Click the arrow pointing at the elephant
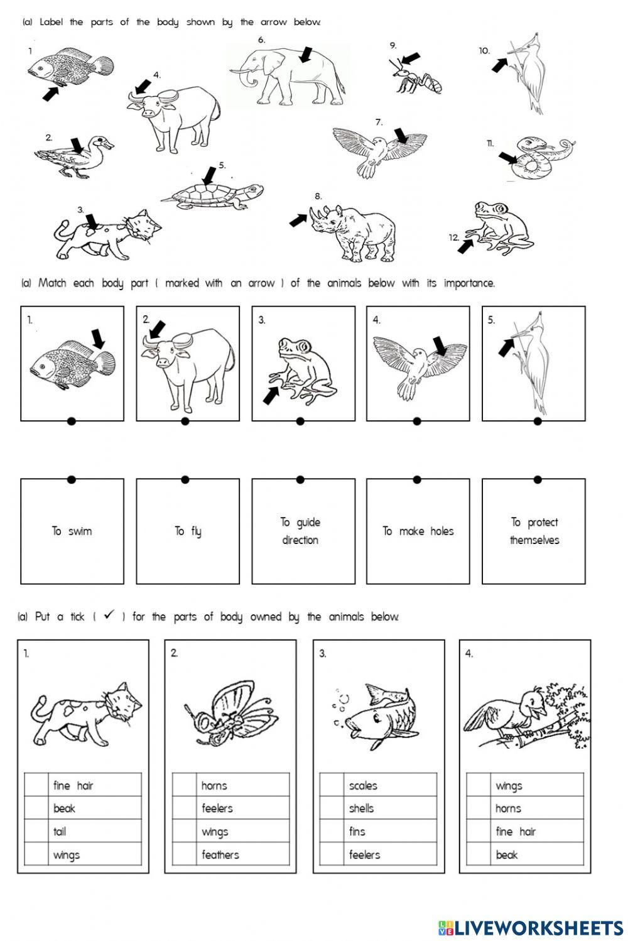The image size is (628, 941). click(x=306, y=55)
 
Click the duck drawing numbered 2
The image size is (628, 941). click(x=74, y=157)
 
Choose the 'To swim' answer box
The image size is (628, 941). click(x=72, y=531)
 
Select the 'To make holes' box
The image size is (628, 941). click(x=418, y=531)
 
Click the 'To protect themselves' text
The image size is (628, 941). click(x=534, y=531)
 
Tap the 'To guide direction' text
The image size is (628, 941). click(x=300, y=531)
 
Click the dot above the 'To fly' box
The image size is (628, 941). click(x=185, y=480)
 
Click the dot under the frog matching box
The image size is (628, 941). click(x=300, y=421)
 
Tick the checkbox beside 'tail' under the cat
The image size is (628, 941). click(x=36, y=832)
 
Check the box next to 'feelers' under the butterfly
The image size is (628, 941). click(x=184, y=808)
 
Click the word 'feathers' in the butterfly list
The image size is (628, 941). click(x=220, y=855)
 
